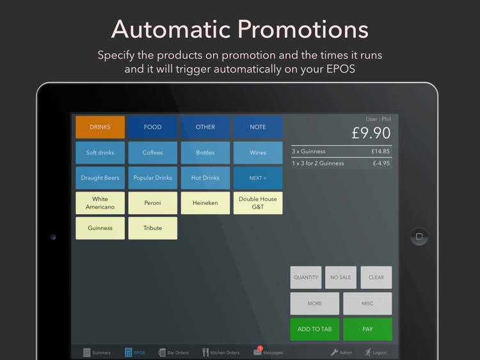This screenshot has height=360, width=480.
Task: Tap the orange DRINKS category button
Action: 100,127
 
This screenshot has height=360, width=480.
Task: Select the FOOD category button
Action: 152,127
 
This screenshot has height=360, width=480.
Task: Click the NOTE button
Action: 257,127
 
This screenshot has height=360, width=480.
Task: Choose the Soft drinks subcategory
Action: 100,152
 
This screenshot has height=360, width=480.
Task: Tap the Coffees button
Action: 152,152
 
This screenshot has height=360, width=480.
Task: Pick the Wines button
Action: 257,152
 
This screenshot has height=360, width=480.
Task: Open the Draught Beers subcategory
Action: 100,177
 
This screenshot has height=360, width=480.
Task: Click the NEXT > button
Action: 257,177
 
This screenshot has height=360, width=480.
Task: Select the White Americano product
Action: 100,203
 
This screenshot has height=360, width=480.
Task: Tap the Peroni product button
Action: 152,203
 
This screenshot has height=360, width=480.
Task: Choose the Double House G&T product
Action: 257,203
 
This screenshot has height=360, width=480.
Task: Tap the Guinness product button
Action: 100,228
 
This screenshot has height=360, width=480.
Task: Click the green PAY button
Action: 367,329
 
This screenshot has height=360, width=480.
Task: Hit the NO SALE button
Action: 340,277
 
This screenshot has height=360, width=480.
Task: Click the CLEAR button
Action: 376,277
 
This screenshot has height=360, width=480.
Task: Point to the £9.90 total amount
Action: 371,133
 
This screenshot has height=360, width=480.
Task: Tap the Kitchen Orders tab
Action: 221,352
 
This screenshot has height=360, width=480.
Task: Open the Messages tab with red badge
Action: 268,352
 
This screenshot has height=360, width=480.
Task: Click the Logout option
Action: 376,352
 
